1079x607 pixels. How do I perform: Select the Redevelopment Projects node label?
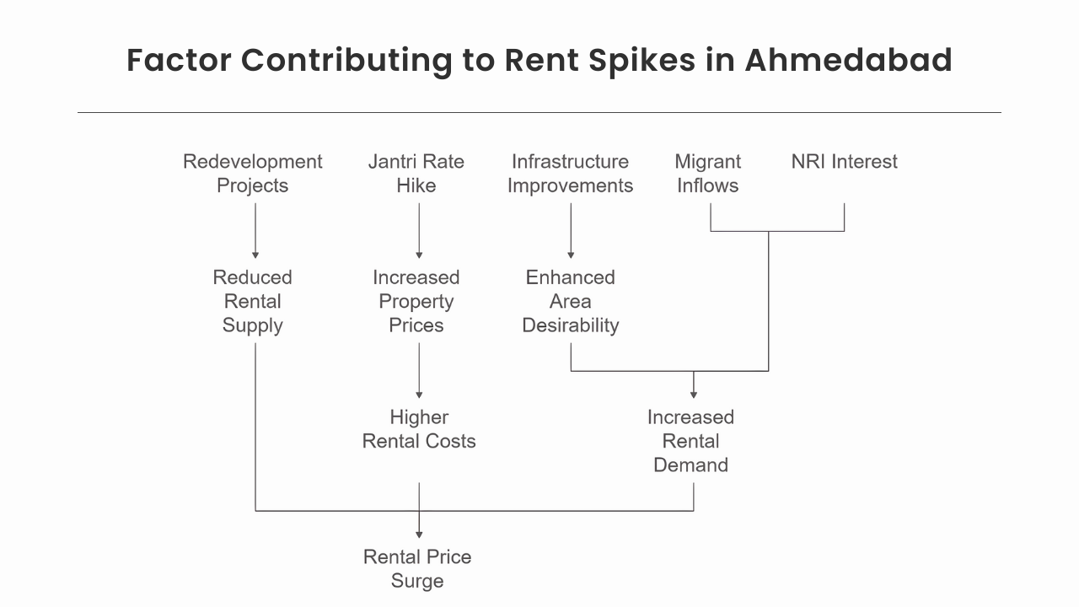pos(253,174)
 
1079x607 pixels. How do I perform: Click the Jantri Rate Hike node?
pos(416,174)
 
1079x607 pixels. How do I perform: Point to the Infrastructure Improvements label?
pos(570,174)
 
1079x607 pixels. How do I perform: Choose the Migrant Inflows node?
pos(708,174)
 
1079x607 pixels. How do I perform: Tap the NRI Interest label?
pos(844,162)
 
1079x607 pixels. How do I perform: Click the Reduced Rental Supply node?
pos(253,301)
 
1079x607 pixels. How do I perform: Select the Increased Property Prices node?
pos(416,301)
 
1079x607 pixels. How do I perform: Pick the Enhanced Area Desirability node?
pos(571,301)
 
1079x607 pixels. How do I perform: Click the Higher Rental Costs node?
pos(419,429)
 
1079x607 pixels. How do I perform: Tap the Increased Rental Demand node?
pos(691,441)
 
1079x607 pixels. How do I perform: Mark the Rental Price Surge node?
pos(417,568)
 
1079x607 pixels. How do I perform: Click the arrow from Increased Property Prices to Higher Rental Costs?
pos(419,370)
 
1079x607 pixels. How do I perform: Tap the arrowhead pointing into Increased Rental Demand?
pos(694,392)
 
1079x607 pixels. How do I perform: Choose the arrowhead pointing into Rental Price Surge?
pos(419,533)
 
